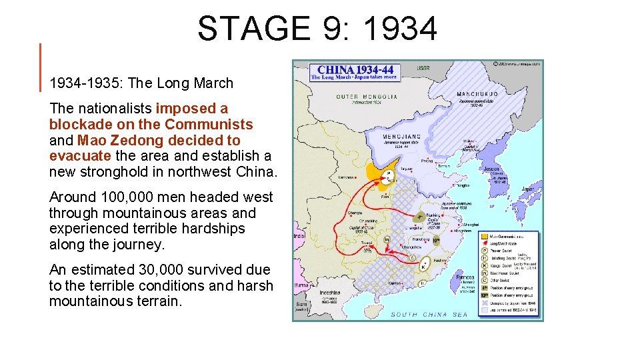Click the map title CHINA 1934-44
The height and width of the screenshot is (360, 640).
tap(355, 69)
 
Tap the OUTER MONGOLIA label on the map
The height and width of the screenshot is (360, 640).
tap(367, 97)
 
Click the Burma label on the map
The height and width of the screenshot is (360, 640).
tap(302, 285)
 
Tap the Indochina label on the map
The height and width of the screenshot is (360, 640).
tap(331, 291)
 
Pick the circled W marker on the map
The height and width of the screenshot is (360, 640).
tap(386, 240)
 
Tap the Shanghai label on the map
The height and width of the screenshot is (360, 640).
tap(470, 225)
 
